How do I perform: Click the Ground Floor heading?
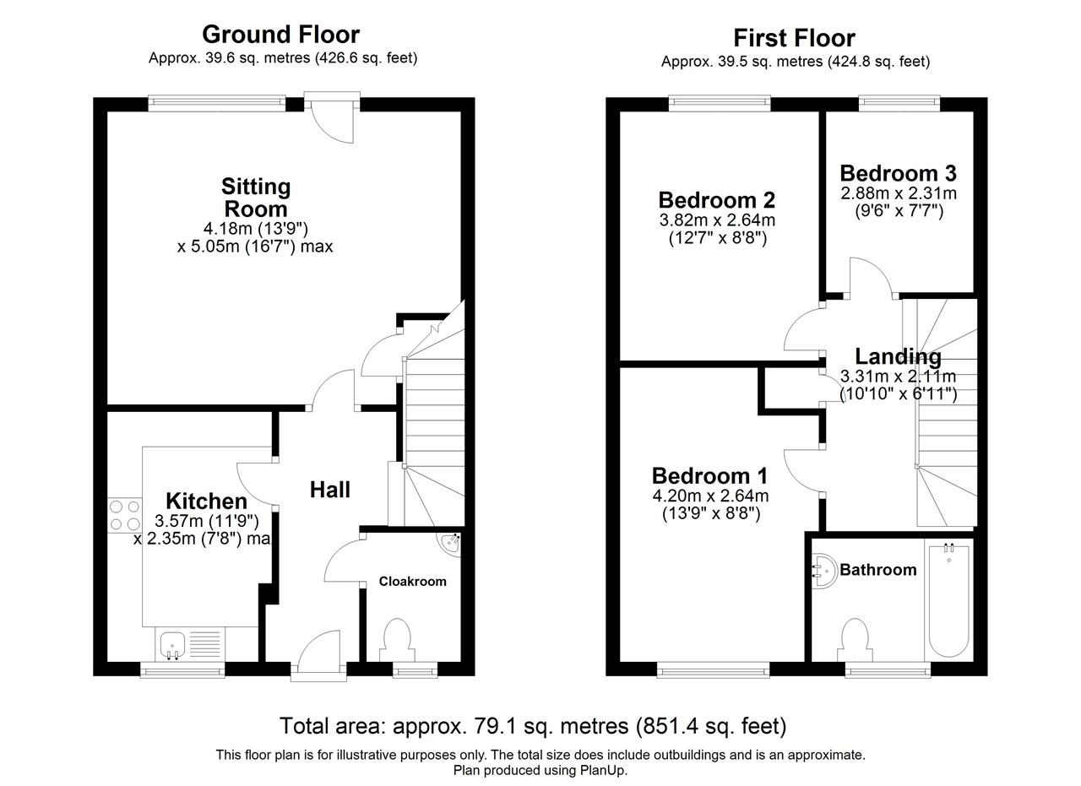(280, 35)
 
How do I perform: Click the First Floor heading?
(795, 39)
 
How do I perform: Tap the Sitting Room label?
(256, 198)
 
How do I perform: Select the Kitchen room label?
(207, 501)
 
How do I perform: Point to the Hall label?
(329, 490)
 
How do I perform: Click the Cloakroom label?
(413, 582)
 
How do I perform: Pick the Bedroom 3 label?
(898, 173)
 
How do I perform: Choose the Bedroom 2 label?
(717, 200)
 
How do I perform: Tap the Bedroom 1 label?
(709, 476)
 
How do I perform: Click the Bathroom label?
(877, 570)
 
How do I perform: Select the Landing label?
(898, 356)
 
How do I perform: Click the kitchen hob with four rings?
(124, 515)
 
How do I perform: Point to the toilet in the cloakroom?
(397, 640)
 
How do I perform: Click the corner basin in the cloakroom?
(450, 545)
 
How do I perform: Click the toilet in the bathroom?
(855, 640)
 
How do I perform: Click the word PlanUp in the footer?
(606, 771)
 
